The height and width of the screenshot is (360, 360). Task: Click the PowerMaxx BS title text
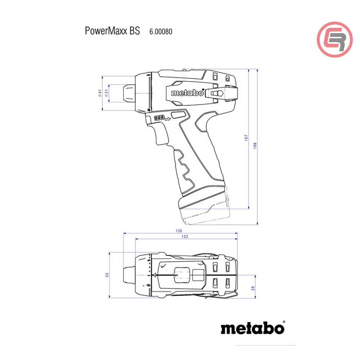click(112, 31)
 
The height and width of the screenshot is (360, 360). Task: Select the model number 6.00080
click(161, 32)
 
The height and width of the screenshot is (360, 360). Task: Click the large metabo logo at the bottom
click(252, 328)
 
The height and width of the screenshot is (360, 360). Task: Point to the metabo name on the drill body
click(187, 93)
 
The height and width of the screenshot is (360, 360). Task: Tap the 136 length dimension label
click(179, 231)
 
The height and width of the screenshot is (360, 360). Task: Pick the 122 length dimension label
click(185, 237)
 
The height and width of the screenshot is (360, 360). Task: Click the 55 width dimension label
click(107, 275)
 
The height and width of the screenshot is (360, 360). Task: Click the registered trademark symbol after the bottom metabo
click(284, 322)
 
